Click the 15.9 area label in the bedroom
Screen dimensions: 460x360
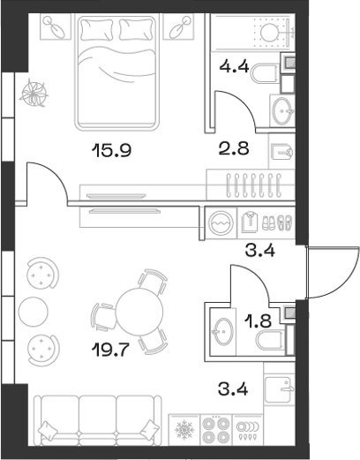point(112,150)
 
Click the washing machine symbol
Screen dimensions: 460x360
point(220,223)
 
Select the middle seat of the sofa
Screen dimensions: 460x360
point(97,415)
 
